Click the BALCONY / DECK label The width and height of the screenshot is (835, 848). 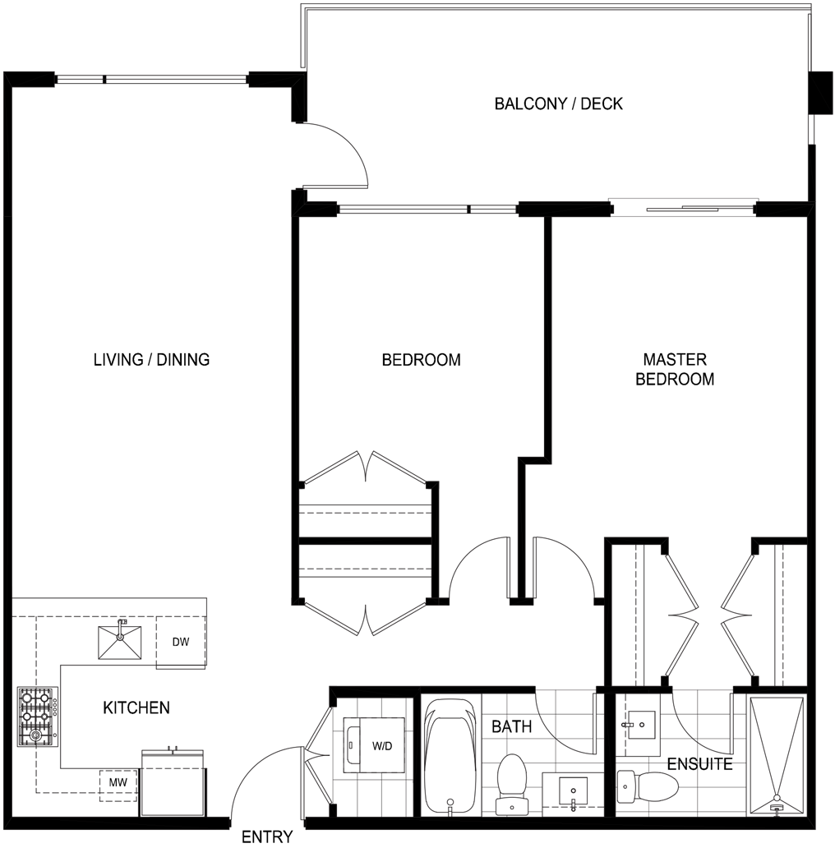tap(559, 104)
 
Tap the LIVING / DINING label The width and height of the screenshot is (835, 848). tap(151, 360)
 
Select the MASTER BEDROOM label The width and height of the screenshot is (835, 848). tap(675, 369)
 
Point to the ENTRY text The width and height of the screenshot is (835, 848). tap(267, 836)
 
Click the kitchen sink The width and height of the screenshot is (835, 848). tap(120, 642)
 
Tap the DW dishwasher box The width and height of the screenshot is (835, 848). tap(181, 642)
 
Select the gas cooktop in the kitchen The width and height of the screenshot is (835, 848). tap(38, 717)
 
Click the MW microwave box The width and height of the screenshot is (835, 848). tap(118, 782)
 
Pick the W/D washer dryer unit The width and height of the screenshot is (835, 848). tap(375, 746)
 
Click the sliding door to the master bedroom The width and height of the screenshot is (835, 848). tap(682, 208)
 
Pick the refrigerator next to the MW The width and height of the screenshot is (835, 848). tap(173, 782)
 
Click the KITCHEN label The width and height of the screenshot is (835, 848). tap(136, 707)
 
